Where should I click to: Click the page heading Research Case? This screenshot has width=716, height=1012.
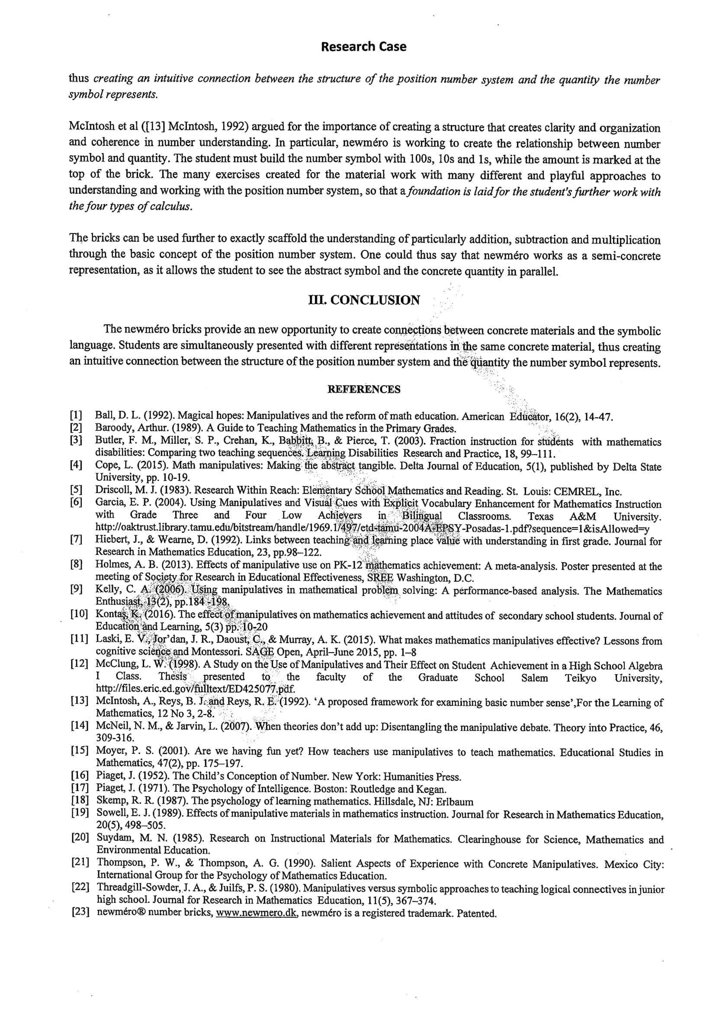pyautogui.click(x=363, y=47)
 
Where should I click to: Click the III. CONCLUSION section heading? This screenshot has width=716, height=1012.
pyautogui.click(x=364, y=300)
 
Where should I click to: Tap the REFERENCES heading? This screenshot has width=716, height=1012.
pyautogui.click(x=364, y=389)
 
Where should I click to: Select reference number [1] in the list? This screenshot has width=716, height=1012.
pyautogui.click(x=76, y=415)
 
